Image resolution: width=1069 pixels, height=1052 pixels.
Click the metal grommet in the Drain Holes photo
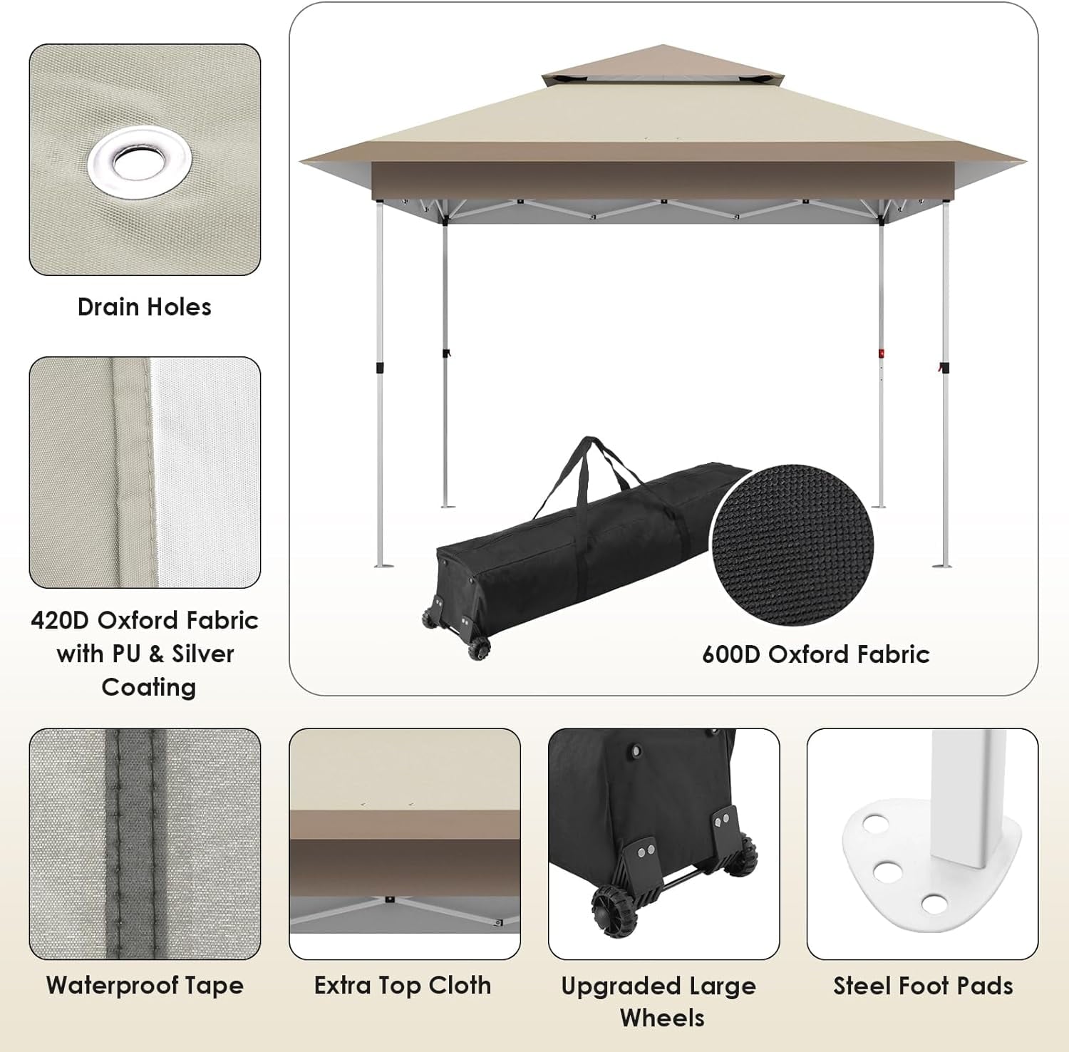tap(140, 163)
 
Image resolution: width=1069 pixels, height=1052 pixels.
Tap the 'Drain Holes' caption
tap(145, 307)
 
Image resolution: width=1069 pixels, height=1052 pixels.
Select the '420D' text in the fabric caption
tap(60, 620)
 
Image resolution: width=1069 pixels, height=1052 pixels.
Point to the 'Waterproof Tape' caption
tap(145, 986)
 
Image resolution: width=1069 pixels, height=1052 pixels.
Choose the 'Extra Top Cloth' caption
tap(403, 986)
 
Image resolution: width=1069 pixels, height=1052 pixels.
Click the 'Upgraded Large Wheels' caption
tap(659, 1001)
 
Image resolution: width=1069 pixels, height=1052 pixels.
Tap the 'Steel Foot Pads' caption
tap(923, 986)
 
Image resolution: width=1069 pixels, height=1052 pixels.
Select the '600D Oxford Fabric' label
tap(815, 654)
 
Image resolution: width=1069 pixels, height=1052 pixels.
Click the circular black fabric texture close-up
tap(792, 545)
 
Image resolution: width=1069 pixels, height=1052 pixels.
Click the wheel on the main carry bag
tap(479, 648)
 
